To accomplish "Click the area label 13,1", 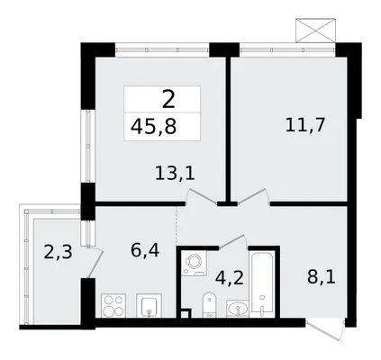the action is pos(175,174).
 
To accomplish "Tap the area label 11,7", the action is pos(305,125).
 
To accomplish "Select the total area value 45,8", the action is pos(154,127).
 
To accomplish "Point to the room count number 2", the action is pos(168,99).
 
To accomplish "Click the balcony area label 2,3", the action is pos(58,252).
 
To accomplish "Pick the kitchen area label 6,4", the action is pos(145,250).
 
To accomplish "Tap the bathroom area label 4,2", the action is pos(229,278).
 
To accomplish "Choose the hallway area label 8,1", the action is pos(322,277).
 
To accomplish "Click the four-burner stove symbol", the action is pos(113,305).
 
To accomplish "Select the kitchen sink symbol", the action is pos(149,305).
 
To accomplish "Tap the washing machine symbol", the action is pos(194,264).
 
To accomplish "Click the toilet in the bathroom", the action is pos(208,305).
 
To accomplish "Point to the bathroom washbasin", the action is pos(238,308).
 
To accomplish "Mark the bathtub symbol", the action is pos(262,283).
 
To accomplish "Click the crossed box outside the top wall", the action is pos(315,31).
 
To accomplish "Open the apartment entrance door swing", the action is pos(325,329).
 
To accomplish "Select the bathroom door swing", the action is pos(233,242).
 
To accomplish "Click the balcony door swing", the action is pos(95,262).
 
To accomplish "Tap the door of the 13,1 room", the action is pos(201,197).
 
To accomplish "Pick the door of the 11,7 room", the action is pos(253,197).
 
